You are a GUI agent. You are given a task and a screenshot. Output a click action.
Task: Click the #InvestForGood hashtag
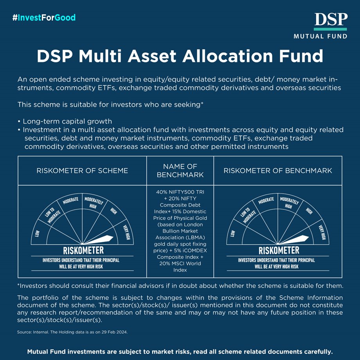pyautogui.click(x=44, y=18)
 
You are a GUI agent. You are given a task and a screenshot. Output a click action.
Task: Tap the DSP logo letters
pyautogui.click(x=330, y=20)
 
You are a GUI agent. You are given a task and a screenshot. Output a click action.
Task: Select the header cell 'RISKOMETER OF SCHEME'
pyautogui.click(x=82, y=171)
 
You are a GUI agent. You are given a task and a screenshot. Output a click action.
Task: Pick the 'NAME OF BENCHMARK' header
pyautogui.click(x=180, y=171)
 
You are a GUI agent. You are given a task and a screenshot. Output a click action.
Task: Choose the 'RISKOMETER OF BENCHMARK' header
pyautogui.click(x=278, y=171)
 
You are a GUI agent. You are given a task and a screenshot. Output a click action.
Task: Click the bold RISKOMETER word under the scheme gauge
pyautogui.click(x=83, y=250)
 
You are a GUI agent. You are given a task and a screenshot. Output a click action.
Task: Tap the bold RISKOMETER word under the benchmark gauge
pyautogui.click(x=279, y=250)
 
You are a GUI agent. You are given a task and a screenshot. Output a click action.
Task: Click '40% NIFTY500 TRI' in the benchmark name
pyautogui.click(x=180, y=193)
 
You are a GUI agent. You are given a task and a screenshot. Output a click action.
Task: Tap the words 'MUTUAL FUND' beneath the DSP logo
pyautogui.click(x=320, y=36)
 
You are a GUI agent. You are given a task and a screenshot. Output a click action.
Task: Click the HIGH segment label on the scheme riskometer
pyautogui.click(x=114, y=211)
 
